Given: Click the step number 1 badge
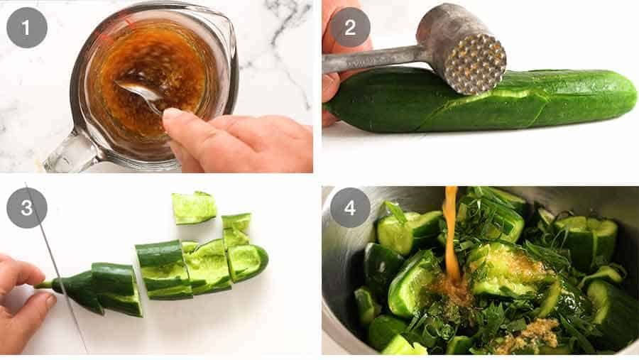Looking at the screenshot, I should [x=27, y=27].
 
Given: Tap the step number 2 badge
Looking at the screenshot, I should [x=349, y=27].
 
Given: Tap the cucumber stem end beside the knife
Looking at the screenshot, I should [x=45, y=285].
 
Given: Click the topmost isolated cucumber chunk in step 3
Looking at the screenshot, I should [x=194, y=207].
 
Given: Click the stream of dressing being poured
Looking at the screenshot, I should [x=452, y=234].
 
